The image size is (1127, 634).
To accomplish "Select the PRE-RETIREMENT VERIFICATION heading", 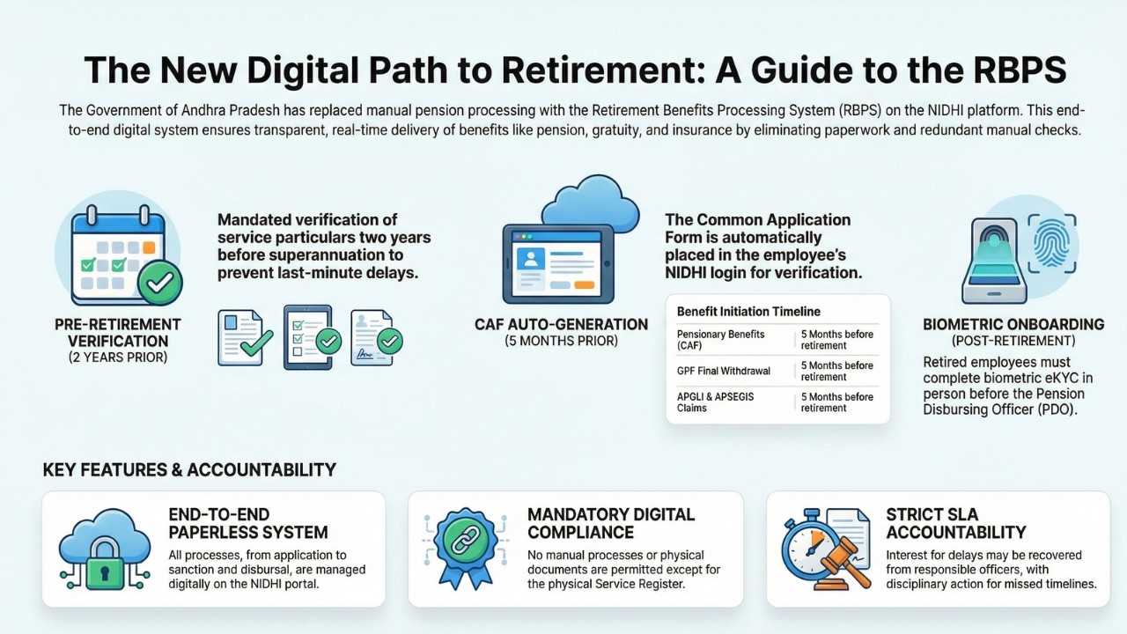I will tap(118, 332).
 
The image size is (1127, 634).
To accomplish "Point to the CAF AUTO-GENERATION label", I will tap(561, 324).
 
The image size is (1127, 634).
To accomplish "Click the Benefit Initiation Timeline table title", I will tap(748, 311).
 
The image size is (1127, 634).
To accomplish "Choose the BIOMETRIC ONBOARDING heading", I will tap(1013, 324).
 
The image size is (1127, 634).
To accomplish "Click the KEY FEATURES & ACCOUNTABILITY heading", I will tap(189, 470).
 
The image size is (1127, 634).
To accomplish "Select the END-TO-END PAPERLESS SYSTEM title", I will tap(248, 523).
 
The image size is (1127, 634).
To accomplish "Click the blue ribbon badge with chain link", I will tap(463, 548).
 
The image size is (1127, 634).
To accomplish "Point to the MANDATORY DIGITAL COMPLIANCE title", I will tap(611, 523).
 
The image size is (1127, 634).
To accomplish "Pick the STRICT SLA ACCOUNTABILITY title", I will tap(956, 523).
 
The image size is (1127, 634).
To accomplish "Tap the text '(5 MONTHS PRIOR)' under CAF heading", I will tap(561, 341).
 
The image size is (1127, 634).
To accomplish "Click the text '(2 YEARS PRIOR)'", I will tap(118, 358).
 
